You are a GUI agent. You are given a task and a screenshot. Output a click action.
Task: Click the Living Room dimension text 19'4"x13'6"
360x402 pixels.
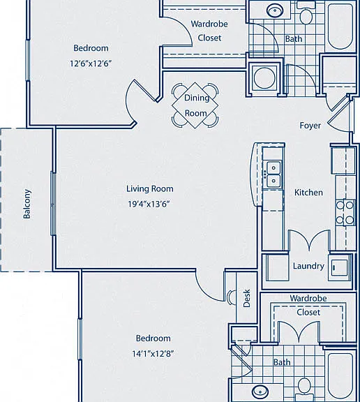[149, 204]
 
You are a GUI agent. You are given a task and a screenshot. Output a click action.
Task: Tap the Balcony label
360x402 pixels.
[27, 204]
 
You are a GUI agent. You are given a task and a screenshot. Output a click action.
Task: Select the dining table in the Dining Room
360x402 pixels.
[195, 105]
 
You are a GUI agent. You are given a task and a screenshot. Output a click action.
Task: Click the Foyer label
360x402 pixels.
[310, 126]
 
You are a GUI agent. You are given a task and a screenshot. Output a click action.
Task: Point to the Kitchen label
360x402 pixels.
[308, 193]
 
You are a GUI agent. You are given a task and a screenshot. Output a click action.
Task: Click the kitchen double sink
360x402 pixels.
[273, 174]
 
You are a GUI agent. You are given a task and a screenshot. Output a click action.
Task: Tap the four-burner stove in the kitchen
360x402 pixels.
[345, 212]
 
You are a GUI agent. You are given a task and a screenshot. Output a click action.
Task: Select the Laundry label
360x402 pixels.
[308, 266]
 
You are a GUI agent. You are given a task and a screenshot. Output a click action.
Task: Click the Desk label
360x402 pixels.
[246, 298]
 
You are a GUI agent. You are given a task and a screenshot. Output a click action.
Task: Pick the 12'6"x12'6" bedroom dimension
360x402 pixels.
[91, 64]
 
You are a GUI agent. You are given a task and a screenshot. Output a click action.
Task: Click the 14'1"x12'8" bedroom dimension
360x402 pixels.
[153, 354]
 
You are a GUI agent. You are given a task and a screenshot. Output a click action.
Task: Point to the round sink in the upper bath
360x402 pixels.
[275, 10]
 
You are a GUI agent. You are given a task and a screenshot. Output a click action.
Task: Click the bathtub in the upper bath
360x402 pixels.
[340, 25]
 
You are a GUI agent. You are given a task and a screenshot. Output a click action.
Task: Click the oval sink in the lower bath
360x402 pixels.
[260, 392]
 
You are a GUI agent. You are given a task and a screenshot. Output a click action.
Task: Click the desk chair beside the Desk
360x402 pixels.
[232, 297]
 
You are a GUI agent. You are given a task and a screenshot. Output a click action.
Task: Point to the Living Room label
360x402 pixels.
[150, 188]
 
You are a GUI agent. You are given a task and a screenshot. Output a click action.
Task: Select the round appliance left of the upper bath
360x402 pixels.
[264, 78]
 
